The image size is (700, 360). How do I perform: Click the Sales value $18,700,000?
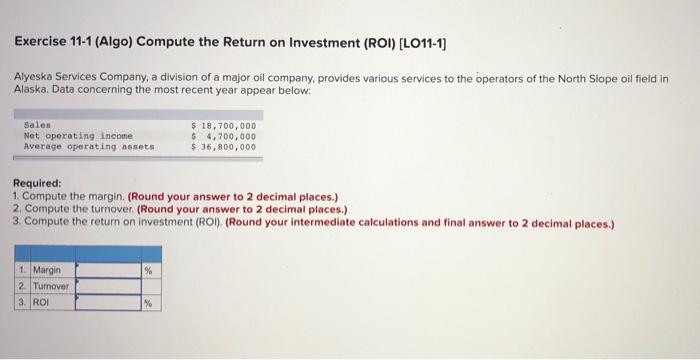pos(223,125)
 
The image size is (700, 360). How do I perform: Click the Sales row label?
pos(36,125)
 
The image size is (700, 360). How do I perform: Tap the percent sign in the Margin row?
pos(148,270)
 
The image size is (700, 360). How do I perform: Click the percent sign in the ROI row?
pos(148,302)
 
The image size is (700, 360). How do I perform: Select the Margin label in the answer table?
pos(46,270)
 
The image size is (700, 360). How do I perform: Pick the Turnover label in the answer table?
pos(51,286)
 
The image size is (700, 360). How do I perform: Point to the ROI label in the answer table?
pos(41,302)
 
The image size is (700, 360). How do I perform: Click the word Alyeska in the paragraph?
pos(37,76)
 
